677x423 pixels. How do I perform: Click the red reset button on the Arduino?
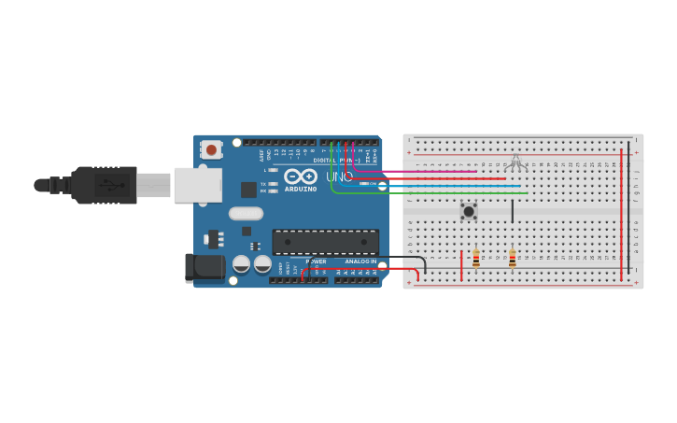tap(212, 149)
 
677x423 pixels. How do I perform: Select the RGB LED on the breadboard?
tap(517, 164)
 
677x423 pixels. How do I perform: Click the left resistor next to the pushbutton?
tap(476, 259)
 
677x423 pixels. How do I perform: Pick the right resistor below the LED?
tap(512, 259)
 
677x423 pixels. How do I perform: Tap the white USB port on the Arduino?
tap(198, 185)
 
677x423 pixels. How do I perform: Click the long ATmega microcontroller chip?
tap(325, 242)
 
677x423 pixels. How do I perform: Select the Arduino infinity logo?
tap(300, 176)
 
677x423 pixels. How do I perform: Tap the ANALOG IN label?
tap(360, 261)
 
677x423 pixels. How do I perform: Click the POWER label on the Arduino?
tap(316, 261)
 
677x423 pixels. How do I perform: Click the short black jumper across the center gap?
tap(512, 210)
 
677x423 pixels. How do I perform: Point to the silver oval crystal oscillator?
tap(246, 213)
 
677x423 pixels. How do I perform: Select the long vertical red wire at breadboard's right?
tap(621, 215)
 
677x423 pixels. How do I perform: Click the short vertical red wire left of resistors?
tap(461, 265)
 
